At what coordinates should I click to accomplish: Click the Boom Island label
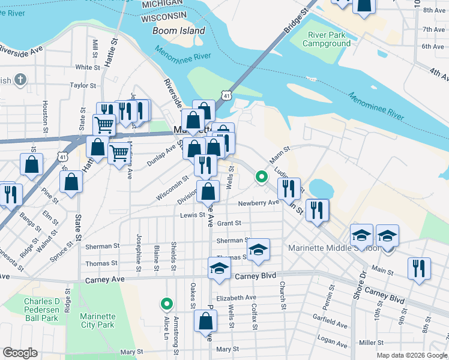pyautogui.click(x=178, y=31)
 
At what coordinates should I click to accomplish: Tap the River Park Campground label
pyautogui.click(x=326, y=40)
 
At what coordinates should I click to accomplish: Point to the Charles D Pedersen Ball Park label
pyautogui.click(x=41, y=310)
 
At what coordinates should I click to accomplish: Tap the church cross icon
pyautogui.click(x=20, y=79)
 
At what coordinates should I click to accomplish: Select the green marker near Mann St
pyautogui.click(x=261, y=176)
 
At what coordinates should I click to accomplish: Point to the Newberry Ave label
pyautogui.click(x=259, y=203)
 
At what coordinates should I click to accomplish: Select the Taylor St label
pyautogui.click(x=83, y=86)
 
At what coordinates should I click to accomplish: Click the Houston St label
pyautogui.click(x=46, y=116)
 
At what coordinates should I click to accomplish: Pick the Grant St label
pyautogui.click(x=229, y=223)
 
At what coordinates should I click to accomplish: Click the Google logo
pyautogui.click(x=20, y=353)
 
